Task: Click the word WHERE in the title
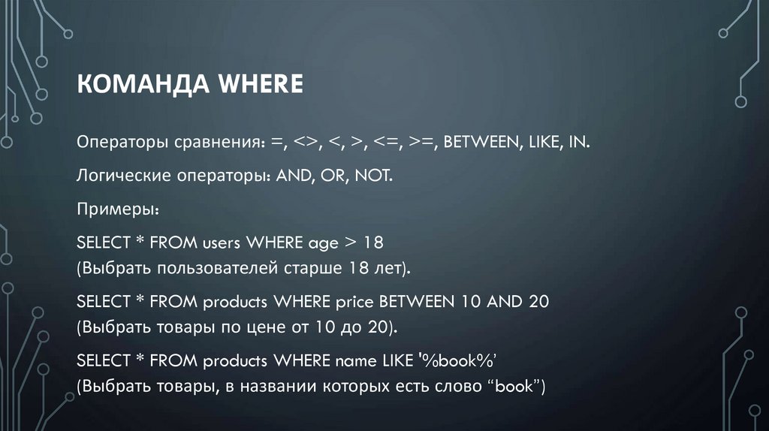pos(260,84)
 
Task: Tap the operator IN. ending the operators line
pos(579,143)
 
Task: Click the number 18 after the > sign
pos(374,243)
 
